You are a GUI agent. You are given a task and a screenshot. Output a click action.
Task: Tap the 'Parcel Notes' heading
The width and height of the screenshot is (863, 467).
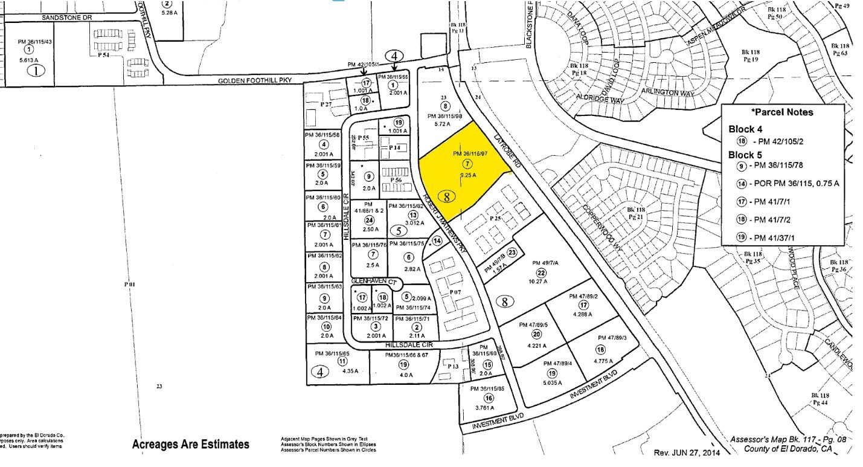coord(782,112)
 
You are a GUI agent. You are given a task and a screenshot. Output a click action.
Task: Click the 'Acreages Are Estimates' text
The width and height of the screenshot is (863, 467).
coord(190,445)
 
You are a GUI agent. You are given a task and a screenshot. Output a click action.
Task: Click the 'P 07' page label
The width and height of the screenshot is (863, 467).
coord(455,292)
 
